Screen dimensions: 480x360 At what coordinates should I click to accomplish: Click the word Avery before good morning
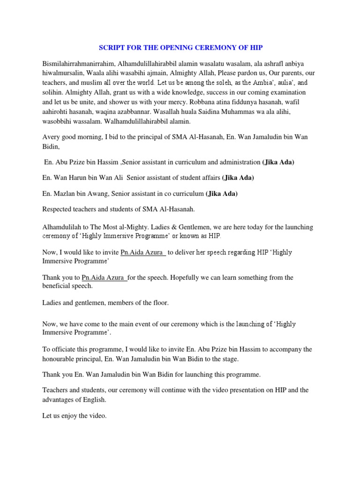click(x=52, y=136)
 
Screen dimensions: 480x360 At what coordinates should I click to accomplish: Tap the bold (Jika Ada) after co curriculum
click(x=222, y=194)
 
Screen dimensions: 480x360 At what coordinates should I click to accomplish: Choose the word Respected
click(x=59, y=209)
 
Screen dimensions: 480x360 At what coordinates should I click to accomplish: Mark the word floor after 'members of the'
click(x=158, y=303)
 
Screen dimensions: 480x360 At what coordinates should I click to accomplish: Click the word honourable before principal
click(x=61, y=359)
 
